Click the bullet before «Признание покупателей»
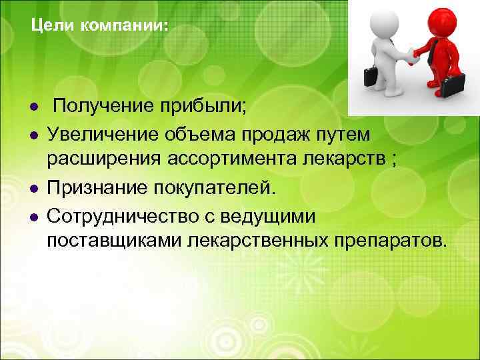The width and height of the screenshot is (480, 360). tap(32, 189)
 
